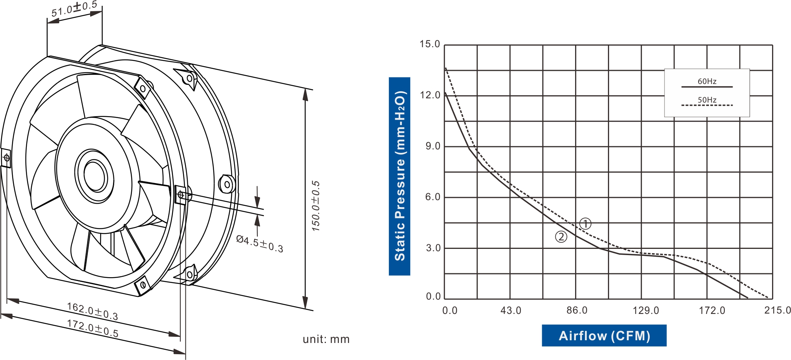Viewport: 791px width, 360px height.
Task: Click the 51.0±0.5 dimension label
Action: (74, 9)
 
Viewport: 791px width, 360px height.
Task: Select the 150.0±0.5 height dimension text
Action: (316, 206)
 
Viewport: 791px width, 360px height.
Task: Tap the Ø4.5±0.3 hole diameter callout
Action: (260, 244)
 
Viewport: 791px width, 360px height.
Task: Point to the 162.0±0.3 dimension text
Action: (92, 311)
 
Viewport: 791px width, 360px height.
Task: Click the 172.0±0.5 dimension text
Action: (92, 328)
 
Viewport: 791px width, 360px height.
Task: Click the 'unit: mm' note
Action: (326, 339)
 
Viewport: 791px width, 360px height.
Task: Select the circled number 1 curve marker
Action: (586, 224)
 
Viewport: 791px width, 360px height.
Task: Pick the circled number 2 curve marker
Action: (561, 237)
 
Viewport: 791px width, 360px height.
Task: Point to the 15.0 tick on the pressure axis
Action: (430, 44)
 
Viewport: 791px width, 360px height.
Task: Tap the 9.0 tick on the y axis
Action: (433, 146)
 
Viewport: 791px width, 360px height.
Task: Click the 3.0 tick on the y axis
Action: (433, 248)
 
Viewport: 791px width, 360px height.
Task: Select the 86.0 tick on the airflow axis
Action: (577, 310)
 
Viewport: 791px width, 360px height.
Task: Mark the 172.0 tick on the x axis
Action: (712, 310)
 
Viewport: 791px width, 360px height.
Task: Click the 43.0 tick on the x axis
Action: (511, 310)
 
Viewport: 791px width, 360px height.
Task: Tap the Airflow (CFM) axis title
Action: (604, 336)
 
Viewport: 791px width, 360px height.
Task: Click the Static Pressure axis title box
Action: (399, 176)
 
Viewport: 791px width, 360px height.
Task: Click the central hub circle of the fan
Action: (94, 176)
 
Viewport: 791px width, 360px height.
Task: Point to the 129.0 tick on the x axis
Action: (645, 310)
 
